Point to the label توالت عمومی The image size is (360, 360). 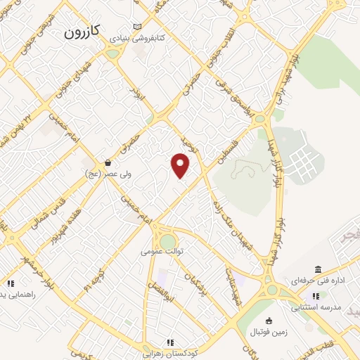[162, 251]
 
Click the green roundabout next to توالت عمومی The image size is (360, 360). [167, 240]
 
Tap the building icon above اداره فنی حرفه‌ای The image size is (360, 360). [319, 270]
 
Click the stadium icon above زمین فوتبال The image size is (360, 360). [268, 321]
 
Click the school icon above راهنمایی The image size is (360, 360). [10, 283]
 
